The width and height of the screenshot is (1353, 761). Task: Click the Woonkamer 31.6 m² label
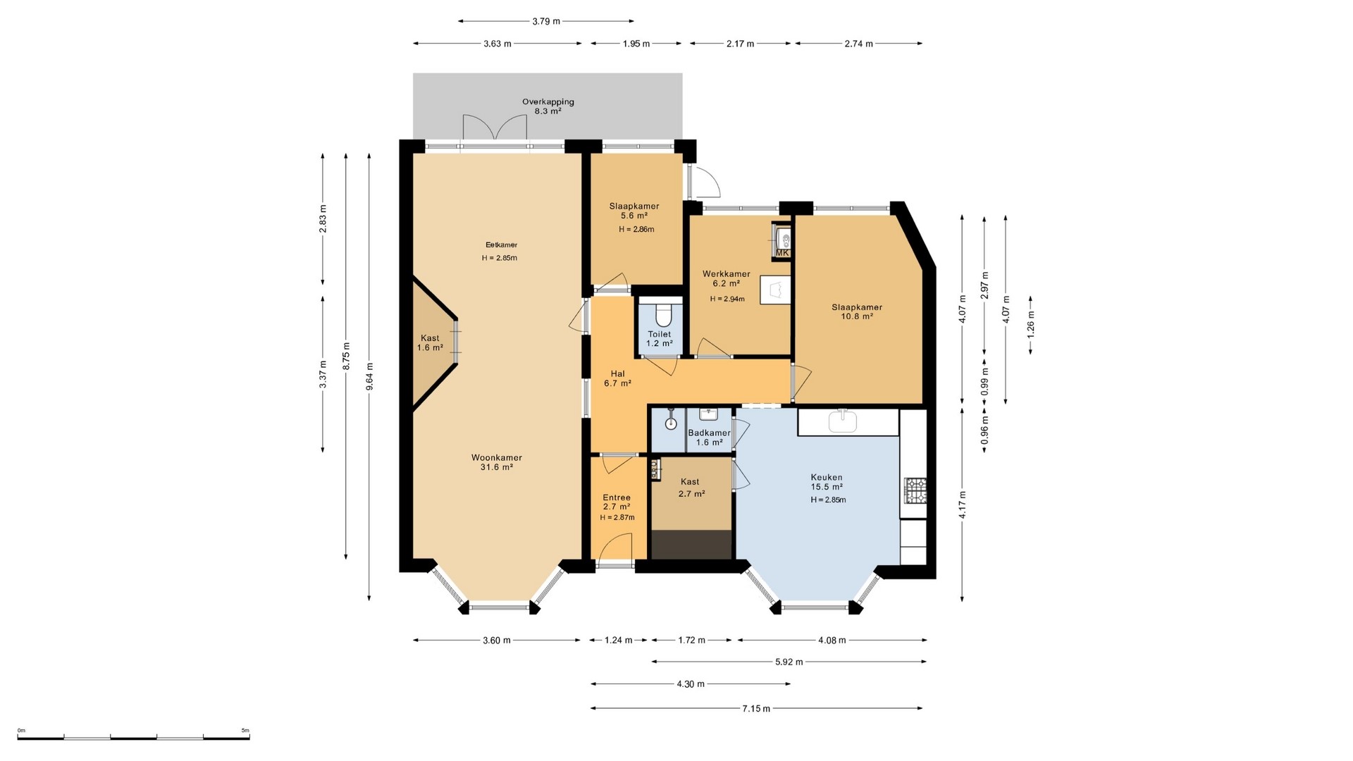click(496, 462)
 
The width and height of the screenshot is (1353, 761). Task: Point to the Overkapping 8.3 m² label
click(548, 106)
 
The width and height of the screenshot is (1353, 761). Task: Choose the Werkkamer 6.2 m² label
click(726, 278)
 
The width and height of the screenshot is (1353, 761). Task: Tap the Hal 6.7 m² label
click(617, 378)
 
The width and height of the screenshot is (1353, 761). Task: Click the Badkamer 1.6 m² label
click(709, 438)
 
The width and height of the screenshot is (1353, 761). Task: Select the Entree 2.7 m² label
click(617, 502)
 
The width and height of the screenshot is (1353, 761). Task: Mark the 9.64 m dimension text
click(370, 376)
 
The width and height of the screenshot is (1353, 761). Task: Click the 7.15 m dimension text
click(756, 708)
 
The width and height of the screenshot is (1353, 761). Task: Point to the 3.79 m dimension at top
click(545, 21)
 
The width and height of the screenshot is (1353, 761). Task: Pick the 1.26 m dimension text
click(1030, 325)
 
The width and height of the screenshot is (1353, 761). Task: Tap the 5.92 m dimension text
click(789, 662)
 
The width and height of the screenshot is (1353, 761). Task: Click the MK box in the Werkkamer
click(781, 252)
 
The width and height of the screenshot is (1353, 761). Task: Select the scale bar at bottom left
click(134, 737)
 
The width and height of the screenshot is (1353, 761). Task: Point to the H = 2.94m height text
click(727, 299)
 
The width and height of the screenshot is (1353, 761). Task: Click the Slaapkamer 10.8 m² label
click(857, 311)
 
